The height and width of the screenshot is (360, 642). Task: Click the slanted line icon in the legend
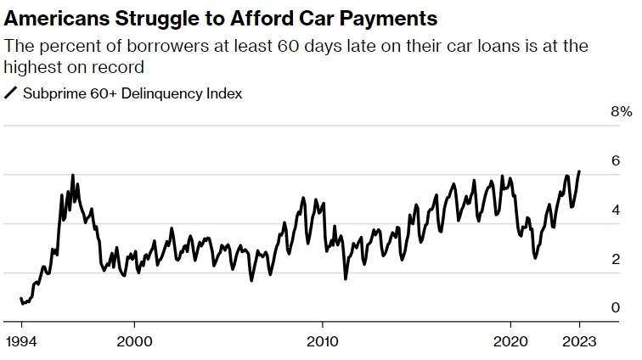12,93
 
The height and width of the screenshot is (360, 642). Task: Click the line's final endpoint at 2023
579,172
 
